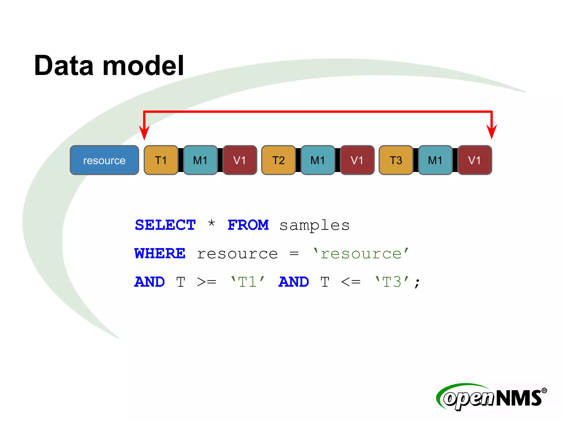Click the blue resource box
(104, 160)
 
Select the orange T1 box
(161, 160)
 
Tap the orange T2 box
(278, 160)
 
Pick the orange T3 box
(396, 160)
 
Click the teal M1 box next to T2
(318, 160)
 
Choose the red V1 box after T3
(474, 160)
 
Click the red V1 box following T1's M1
(240, 160)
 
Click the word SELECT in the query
(165, 225)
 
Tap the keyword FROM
(248, 225)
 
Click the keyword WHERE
(160, 253)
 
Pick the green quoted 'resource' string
(361, 253)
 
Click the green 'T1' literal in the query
(248, 282)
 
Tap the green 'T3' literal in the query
(392, 282)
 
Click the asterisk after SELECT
(211, 223)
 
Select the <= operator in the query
(350, 282)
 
